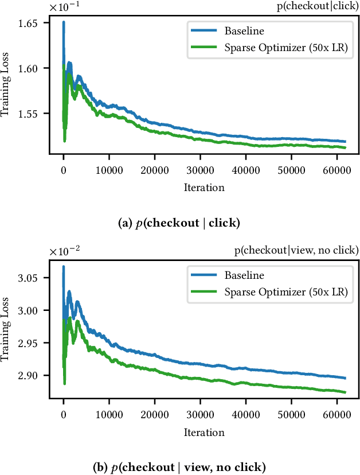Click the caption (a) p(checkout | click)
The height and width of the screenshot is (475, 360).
coord(180,224)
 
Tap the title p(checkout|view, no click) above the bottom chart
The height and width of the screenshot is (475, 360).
coord(296,250)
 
